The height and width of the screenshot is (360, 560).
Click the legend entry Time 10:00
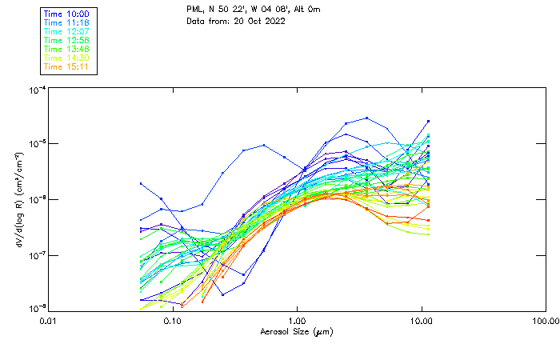pyautogui.click(x=66, y=14)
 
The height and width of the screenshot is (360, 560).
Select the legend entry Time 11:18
pyautogui.click(x=66, y=23)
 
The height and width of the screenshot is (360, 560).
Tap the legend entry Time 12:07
pyautogui.click(x=66, y=32)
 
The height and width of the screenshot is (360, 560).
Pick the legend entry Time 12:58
pyautogui.click(x=66, y=41)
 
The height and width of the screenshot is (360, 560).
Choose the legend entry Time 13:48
pyautogui.click(x=66, y=49)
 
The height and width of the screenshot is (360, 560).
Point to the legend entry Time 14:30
pyautogui.click(x=66, y=58)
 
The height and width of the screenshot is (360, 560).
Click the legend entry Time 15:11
pyautogui.click(x=66, y=66)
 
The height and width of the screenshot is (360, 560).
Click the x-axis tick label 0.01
pyautogui.click(x=48, y=322)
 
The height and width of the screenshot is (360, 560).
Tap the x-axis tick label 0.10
pyautogui.click(x=172, y=322)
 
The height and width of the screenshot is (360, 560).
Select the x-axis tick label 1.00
pyautogui.click(x=297, y=322)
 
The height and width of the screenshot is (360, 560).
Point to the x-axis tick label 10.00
pyautogui.click(x=421, y=322)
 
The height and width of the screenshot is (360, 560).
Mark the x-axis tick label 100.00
pyautogui.click(x=546, y=322)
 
